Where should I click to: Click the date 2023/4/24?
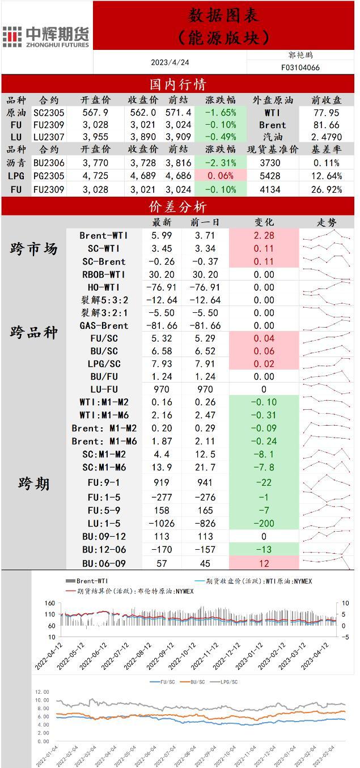pos(170,62)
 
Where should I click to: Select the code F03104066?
pos(300,67)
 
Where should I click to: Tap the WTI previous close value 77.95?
pos(327,113)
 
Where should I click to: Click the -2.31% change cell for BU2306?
pos(220,163)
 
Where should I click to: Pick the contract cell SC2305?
pos(49,113)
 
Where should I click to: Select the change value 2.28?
pos(264,235)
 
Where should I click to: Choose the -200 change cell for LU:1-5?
pos(264,523)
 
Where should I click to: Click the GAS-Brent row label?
pos(103,325)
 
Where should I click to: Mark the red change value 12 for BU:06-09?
pos(264,563)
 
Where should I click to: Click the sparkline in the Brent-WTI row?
pos(327,235)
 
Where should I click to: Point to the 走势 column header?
pos(326,222)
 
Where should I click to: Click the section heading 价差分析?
pos(177,207)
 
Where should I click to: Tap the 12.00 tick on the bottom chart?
pos(43,692)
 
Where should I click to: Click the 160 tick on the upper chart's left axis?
pos(49,604)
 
